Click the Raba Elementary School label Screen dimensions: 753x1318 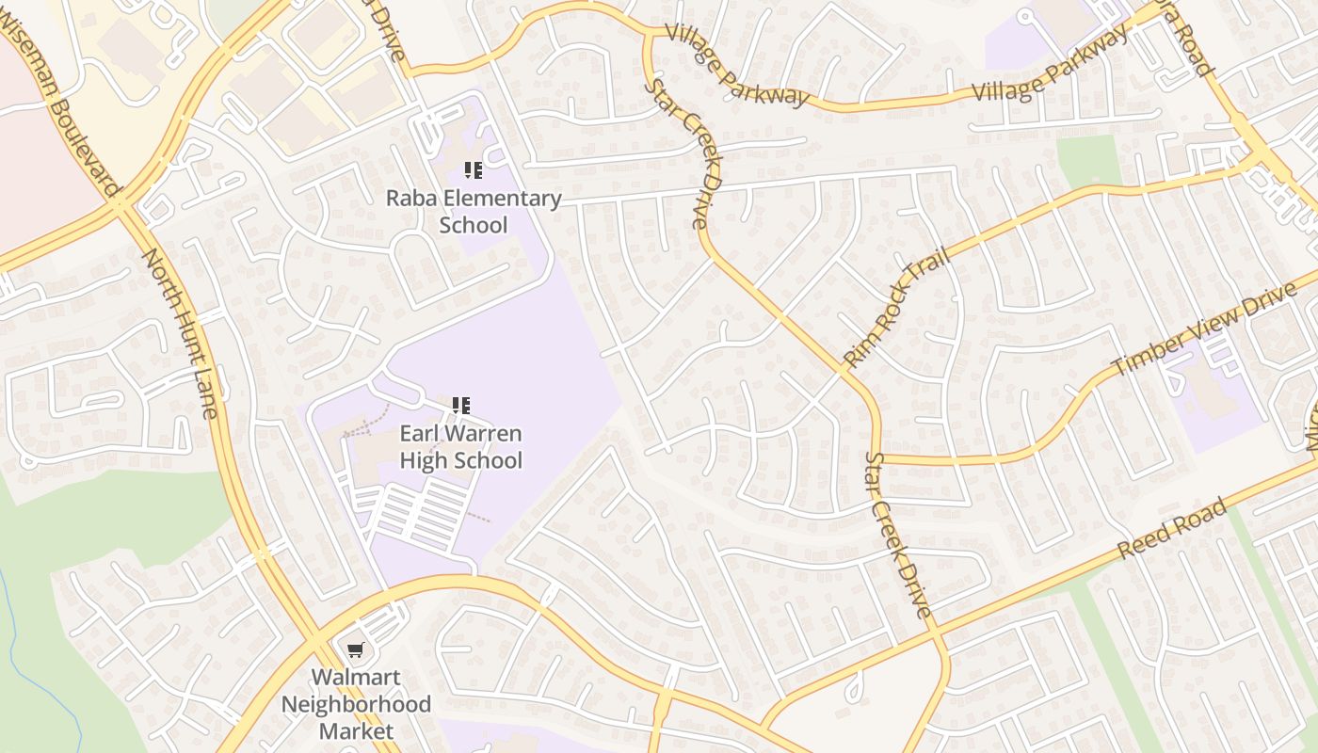click(474, 212)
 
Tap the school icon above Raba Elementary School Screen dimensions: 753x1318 click(474, 170)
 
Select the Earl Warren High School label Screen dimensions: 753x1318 click(460, 447)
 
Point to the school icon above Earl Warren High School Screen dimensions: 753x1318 click(461, 406)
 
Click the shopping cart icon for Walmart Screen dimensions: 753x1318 click(355, 649)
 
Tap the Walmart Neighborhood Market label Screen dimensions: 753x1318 click(356, 704)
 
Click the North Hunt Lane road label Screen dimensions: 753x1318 click(181, 333)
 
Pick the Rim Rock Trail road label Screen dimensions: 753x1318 click(897, 311)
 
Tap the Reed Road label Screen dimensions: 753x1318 click(1173, 529)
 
